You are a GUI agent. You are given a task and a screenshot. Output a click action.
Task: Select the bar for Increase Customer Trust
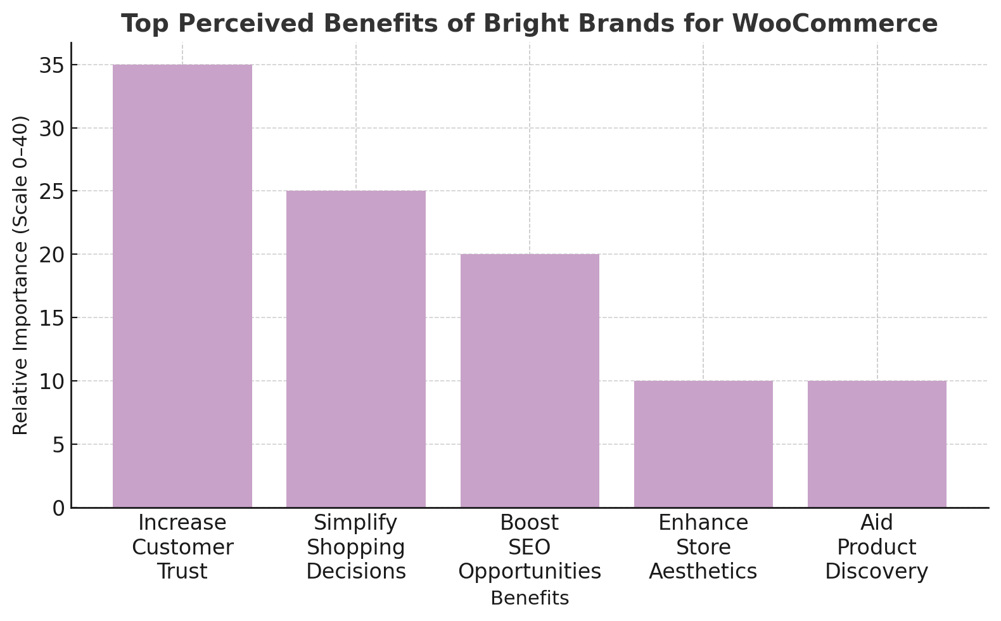point(182,285)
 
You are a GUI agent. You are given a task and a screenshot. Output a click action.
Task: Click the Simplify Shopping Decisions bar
point(356,349)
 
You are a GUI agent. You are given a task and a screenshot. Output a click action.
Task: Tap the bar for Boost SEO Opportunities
point(530,380)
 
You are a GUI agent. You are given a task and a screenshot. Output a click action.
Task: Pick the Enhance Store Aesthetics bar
point(703,444)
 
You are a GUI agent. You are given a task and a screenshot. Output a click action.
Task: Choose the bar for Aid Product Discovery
point(877,444)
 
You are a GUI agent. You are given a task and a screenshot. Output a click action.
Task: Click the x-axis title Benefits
point(530,598)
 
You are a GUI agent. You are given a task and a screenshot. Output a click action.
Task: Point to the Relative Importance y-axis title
point(21,275)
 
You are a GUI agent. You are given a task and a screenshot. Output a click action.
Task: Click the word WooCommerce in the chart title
point(834,24)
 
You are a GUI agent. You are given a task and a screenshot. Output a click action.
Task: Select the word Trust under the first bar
point(182,572)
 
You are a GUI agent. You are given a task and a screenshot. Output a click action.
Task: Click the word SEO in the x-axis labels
point(530,547)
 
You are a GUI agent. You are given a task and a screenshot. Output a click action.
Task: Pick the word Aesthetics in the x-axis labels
point(703,572)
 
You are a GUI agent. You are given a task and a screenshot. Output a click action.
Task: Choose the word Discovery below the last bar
point(877,572)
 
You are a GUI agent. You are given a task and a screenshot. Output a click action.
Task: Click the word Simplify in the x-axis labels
point(356,523)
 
